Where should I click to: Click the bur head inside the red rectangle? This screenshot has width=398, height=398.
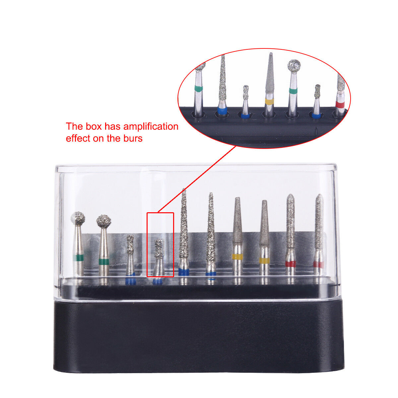coord(159,245)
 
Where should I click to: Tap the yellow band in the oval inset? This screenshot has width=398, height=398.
coord(269,101)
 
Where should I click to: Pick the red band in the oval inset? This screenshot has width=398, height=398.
coord(340,104)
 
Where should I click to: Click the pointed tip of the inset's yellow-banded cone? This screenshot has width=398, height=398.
coord(271,54)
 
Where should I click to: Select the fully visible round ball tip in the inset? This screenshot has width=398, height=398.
coord(294,66)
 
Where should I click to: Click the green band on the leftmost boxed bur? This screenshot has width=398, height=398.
coord(79,258)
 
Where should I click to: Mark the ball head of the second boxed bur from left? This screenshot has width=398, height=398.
coord(104,221)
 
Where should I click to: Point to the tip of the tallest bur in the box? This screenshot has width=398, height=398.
coord(184,190)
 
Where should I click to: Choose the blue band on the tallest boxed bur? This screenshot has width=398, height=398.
coord(184,272)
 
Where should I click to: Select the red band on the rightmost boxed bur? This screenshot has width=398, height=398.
coord(318,264)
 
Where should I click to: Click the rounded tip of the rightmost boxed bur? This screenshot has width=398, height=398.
coord(319,196)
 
